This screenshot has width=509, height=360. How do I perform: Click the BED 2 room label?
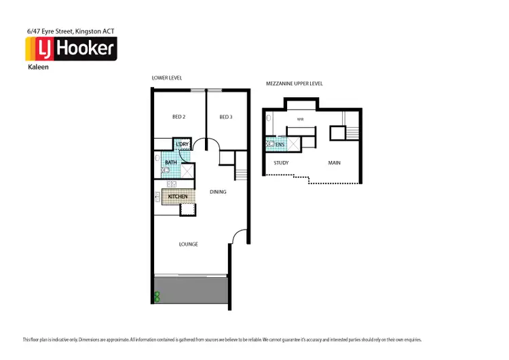[x=179, y=118]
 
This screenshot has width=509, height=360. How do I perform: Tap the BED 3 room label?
[x=226, y=118]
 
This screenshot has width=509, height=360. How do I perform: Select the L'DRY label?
[x=183, y=145]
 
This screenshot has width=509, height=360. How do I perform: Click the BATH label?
[x=170, y=162]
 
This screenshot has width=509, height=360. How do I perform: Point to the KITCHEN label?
[x=178, y=197]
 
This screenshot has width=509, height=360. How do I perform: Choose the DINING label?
[x=217, y=192]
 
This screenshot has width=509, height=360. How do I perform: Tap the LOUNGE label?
[x=189, y=245]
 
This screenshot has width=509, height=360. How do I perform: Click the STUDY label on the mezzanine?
[x=282, y=163]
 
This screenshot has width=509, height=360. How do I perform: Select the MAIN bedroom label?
[x=335, y=163]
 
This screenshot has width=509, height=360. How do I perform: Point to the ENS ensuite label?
[x=280, y=144]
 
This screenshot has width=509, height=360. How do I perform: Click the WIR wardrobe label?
[x=300, y=120]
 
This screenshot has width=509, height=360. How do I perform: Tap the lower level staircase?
[x=242, y=173]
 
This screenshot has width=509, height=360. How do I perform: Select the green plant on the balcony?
[x=157, y=296]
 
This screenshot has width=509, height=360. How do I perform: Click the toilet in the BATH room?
[x=165, y=171]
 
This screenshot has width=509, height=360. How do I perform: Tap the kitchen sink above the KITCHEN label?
[x=172, y=183]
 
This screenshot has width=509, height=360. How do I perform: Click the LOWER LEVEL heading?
[x=166, y=78]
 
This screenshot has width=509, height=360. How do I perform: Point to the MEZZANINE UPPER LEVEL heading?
[x=295, y=84]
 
